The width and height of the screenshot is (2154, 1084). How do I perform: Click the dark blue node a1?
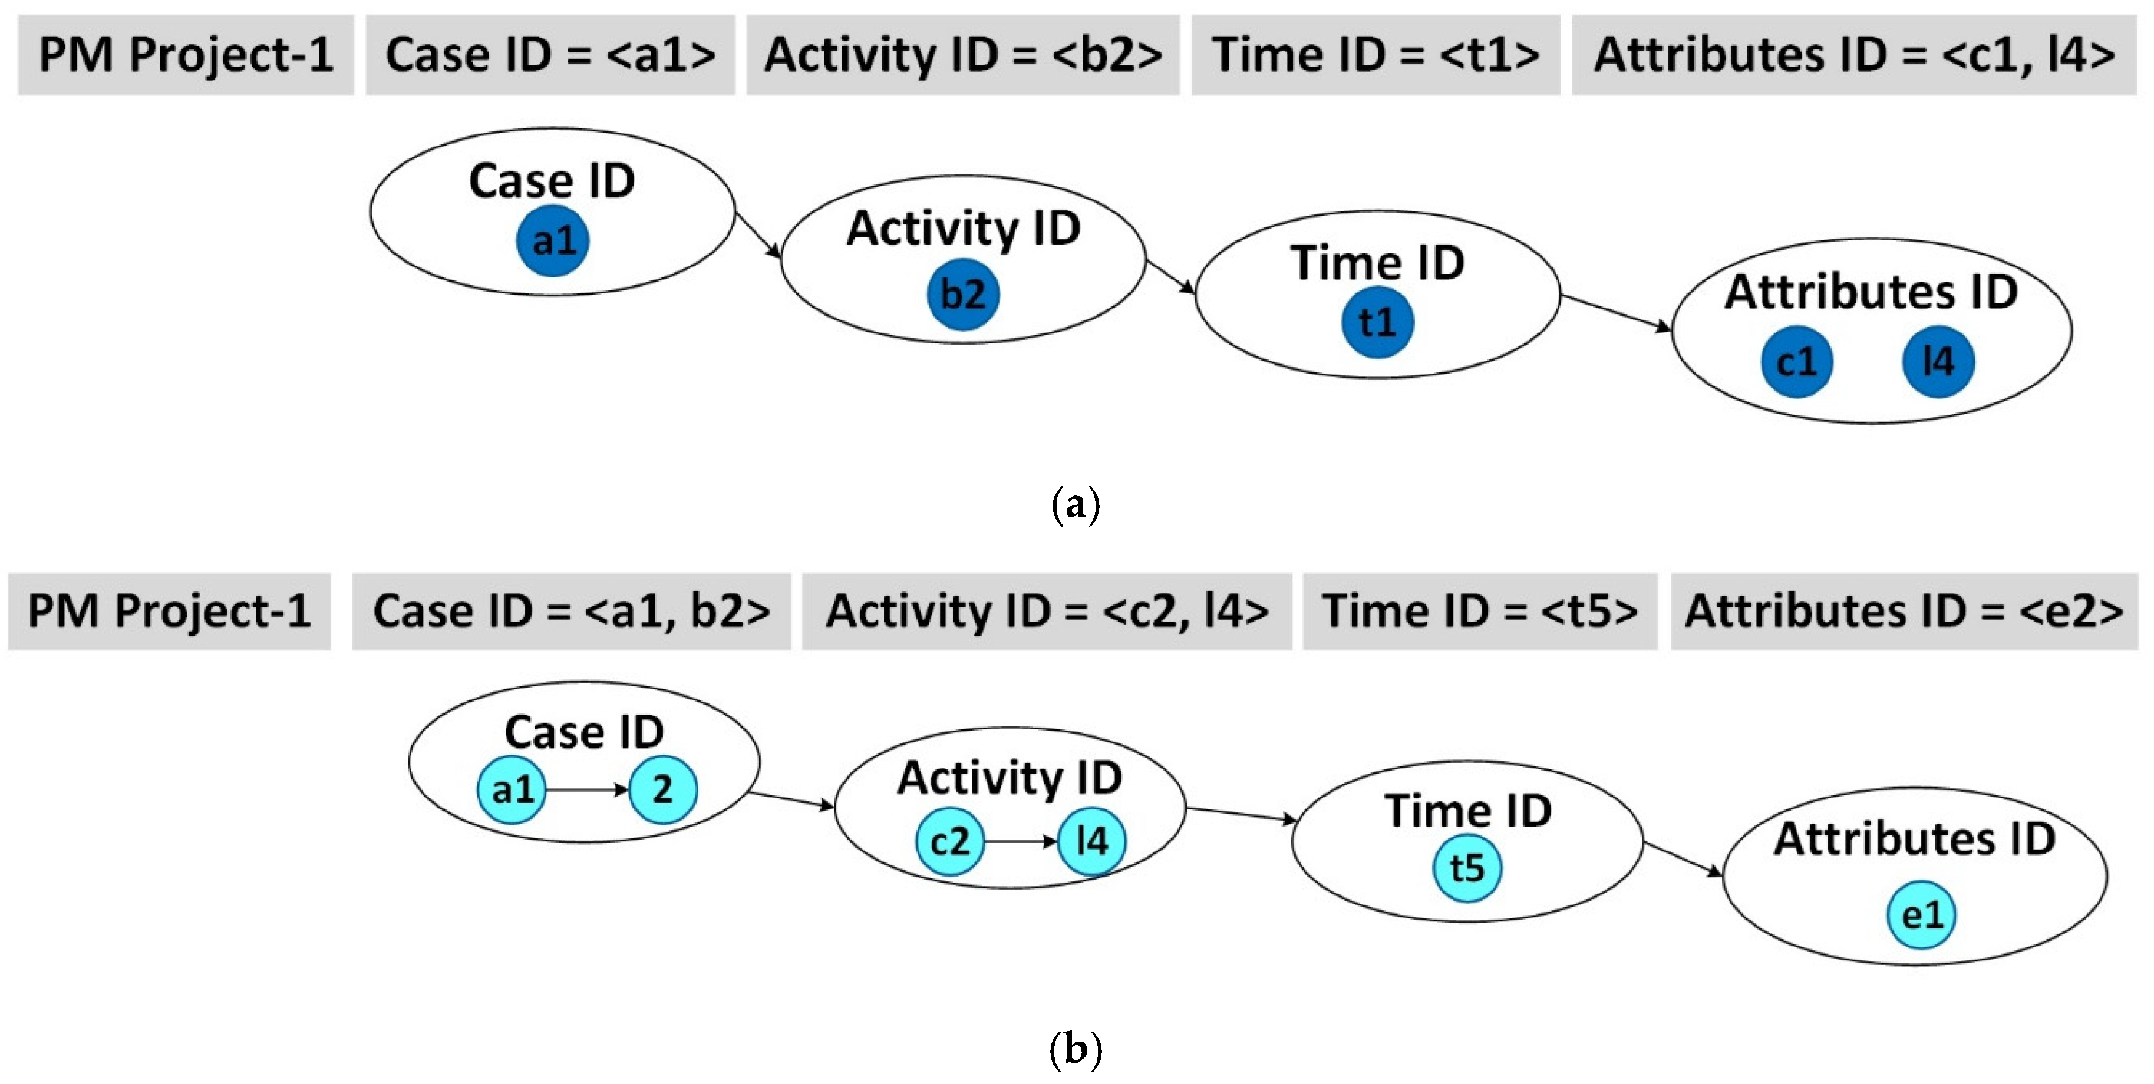(553, 241)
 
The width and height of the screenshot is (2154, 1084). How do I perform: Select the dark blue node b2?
(962, 294)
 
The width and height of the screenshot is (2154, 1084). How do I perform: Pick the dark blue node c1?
(1796, 361)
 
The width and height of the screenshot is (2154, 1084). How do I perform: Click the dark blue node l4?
(1938, 361)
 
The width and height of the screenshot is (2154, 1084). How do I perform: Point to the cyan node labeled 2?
(662, 789)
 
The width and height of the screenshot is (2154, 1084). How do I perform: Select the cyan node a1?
(512, 789)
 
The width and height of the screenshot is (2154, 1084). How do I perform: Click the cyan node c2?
(950, 841)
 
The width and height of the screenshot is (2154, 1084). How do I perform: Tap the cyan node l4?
(1091, 841)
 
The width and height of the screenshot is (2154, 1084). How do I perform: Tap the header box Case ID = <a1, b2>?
(571, 611)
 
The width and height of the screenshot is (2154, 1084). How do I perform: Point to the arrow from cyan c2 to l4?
(1020, 841)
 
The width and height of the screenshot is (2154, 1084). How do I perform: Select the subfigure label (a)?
(1076, 505)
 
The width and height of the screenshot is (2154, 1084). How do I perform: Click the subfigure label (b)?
(1076, 1048)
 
